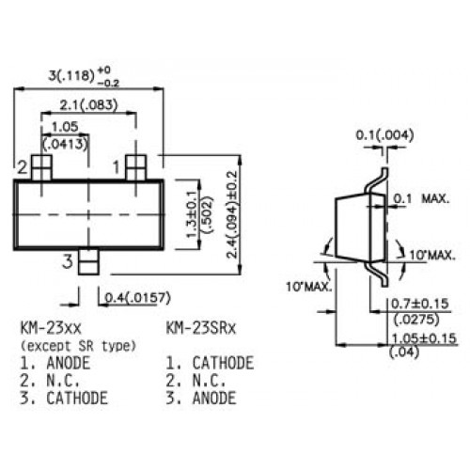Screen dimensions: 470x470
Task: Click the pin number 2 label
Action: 23,167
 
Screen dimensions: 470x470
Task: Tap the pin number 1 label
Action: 117,167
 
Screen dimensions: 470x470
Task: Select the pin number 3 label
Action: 68,261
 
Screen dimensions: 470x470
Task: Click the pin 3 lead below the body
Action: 88,262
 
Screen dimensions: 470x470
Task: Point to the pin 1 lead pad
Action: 135,168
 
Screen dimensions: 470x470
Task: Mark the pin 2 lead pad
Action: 41,168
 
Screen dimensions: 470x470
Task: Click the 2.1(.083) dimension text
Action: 88,105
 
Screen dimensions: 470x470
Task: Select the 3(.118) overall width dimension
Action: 84,76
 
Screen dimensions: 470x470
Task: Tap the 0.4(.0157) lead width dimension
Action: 138,298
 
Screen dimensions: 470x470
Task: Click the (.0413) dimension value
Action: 65,144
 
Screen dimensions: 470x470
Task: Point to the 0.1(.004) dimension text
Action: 384,135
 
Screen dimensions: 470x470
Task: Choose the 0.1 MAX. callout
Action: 421,198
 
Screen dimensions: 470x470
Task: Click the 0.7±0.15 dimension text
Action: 420,304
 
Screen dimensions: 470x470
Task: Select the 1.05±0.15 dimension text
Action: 424,338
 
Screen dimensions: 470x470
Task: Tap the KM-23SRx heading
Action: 200,329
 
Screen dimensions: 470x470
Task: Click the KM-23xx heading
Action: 51,329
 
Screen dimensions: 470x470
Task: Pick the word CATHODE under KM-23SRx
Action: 223,363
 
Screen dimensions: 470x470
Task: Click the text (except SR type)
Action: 79,346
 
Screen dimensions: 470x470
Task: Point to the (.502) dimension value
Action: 207,215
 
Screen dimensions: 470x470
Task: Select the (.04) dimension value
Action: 404,352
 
